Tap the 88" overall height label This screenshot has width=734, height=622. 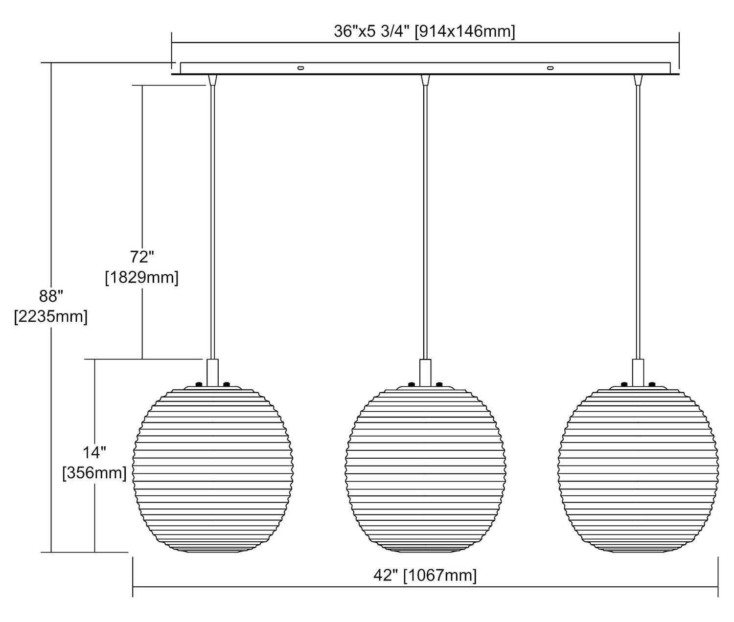(51, 296)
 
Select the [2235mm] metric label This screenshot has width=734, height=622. (51, 316)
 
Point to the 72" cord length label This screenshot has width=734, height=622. (142, 257)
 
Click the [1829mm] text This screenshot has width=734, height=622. (142, 277)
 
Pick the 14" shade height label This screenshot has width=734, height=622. (94, 453)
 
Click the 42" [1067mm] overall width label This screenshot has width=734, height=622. (425, 575)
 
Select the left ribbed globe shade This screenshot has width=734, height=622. (213, 470)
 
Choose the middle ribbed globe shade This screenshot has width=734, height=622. (425, 470)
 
